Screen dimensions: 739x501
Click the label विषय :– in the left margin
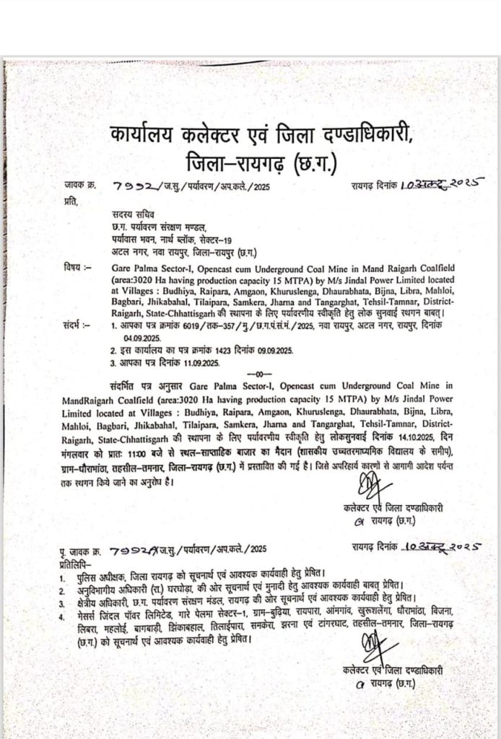pyautogui.click(x=77, y=266)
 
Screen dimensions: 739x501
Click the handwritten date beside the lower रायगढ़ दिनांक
pyautogui.click(x=440, y=546)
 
